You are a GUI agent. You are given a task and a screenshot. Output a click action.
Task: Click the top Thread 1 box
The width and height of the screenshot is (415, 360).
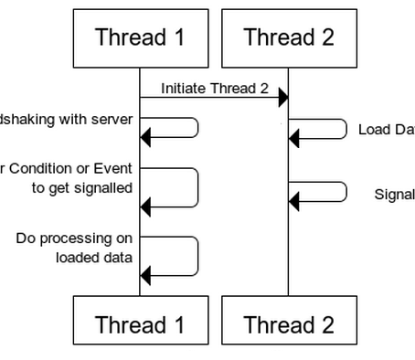click(139, 38)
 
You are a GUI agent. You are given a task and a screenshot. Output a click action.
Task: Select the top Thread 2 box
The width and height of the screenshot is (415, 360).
click(288, 38)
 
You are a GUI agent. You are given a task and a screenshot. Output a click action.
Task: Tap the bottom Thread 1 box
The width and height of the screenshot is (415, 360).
click(139, 323)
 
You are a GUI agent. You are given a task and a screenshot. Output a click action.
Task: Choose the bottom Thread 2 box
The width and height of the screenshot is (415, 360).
click(288, 323)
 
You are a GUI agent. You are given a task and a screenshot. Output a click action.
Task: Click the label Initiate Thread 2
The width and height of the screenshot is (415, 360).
click(215, 89)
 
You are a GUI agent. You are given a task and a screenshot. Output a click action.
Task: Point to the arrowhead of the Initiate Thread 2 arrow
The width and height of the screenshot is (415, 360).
click(283, 98)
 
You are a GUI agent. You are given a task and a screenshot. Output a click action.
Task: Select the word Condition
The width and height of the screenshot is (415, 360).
click(37, 168)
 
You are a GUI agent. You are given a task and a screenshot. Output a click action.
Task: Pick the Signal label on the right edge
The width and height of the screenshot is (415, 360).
click(395, 194)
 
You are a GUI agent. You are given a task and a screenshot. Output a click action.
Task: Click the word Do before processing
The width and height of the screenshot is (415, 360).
click(27, 238)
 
